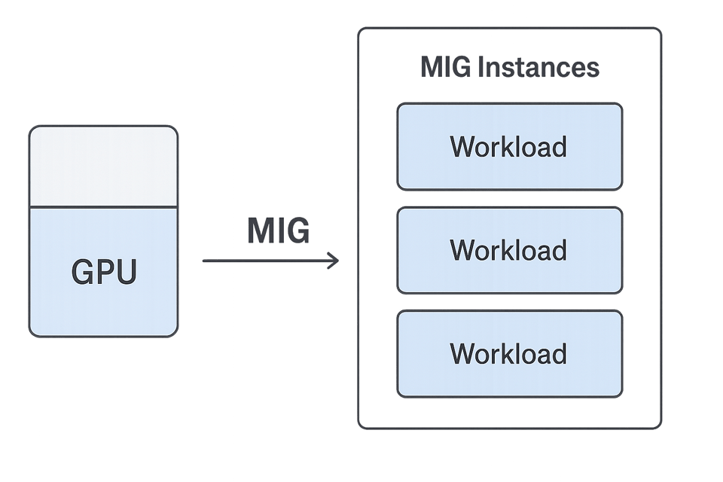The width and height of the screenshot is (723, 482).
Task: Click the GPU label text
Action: point(104,271)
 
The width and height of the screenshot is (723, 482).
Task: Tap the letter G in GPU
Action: point(81,271)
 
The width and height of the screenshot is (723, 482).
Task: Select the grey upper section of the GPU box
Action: point(103,166)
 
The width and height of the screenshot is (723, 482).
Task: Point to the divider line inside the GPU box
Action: point(103,207)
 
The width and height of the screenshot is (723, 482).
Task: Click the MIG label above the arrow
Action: point(279,230)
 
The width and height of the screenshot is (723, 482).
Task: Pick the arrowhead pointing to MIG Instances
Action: point(333,261)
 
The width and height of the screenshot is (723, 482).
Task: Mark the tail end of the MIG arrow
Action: point(203,261)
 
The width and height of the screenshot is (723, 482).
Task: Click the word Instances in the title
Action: point(538,67)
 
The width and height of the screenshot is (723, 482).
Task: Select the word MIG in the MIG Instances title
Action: point(446,67)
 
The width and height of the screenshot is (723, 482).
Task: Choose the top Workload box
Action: point(510,147)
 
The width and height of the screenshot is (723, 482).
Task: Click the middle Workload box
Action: point(510,251)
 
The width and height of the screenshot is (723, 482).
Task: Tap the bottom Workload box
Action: point(510,354)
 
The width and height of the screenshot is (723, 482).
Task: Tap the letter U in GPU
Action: point(126,272)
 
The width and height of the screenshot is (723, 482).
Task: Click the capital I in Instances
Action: point(481,67)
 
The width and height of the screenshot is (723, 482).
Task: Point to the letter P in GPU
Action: point(103,271)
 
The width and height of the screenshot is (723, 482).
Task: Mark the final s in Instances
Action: point(593,70)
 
